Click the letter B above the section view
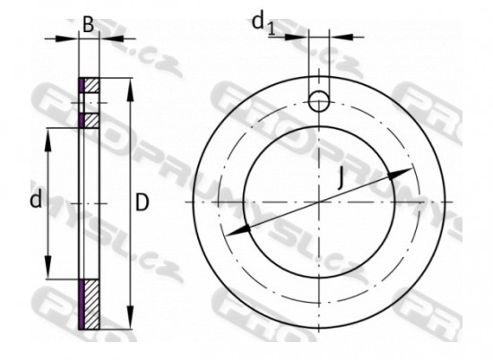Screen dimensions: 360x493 click(89, 24)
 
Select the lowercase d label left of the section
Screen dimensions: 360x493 click(36, 201)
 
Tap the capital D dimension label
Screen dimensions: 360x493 click(143, 203)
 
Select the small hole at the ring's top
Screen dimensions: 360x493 click(320, 101)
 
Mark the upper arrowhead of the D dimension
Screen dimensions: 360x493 click(131, 86)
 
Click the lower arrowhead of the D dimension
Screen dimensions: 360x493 click(131, 323)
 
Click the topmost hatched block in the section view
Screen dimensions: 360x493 click(91, 87)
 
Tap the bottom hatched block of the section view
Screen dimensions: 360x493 click(91, 304)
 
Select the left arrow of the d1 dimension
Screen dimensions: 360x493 click(302, 37)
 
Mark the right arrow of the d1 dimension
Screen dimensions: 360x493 click(338, 37)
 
